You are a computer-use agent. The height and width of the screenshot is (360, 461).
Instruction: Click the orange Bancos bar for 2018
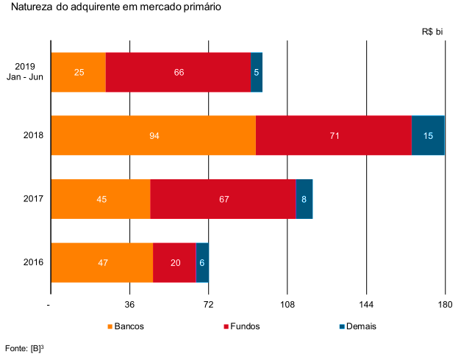click(153, 135)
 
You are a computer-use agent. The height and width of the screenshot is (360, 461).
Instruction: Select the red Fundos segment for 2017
click(223, 198)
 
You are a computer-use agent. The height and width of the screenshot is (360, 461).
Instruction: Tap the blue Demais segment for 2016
click(202, 262)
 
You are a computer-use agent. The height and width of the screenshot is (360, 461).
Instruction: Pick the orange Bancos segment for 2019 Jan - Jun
click(78, 72)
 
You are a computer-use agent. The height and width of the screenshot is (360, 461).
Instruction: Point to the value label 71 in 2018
click(334, 136)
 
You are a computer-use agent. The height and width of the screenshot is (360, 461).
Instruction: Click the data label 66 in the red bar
click(179, 73)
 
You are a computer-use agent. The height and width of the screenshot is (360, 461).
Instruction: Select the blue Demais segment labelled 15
click(427, 135)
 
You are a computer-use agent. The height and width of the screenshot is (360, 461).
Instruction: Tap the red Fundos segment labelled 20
click(175, 262)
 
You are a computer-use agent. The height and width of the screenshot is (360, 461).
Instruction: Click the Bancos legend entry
click(126, 326)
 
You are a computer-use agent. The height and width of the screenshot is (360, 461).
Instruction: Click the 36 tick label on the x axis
click(129, 305)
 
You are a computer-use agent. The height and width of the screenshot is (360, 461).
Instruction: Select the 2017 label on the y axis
click(33, 198)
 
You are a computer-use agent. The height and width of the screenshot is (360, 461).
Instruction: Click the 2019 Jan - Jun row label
click(29, 72)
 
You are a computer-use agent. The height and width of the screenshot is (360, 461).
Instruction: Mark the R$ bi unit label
click(432, 32)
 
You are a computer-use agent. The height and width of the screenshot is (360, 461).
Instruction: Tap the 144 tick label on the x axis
click(366, 305)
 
